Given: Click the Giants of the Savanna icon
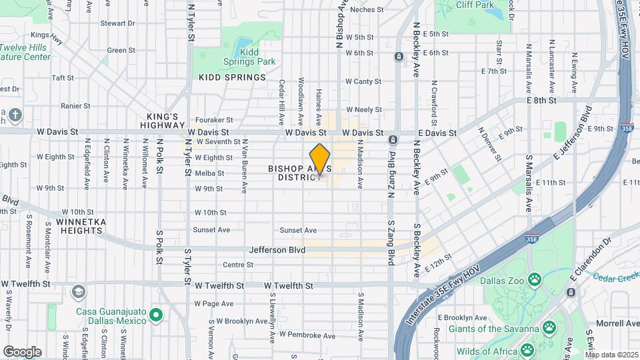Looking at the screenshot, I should pyautogui.click(x=549, y=327).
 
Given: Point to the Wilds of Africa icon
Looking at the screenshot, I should pyautogui.click(x=527, y=349).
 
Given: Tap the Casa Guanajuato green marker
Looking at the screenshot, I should pyautogui.click(x=156, y=314).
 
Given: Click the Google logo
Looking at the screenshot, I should pyautogui.click(x=22, y=351).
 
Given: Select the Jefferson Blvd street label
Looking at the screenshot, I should pyautogui.click(x=277, y=250).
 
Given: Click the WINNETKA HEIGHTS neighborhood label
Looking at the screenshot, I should pyautogui.click(x=79, y=226).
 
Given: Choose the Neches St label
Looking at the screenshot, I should pyautogui.click(x=366, y=9).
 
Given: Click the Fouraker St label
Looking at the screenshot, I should pyautogui.click(x=214, y=121).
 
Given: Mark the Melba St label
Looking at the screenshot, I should pyautogui.click(x=209, y=173).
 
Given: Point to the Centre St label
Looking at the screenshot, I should pyautogui.click(x=237, y=265).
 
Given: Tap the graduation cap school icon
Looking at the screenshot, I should pyautogui.click(x=79, y=292).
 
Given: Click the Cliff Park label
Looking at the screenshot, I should pyautogui.click(x=475, y=5).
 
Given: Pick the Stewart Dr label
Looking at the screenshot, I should pyautogui.click(x=117, y=23).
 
